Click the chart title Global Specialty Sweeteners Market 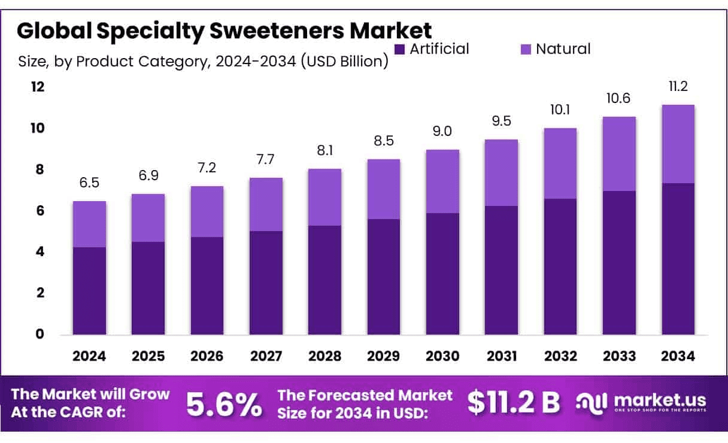224,31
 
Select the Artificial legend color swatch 400,49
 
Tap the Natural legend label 563,49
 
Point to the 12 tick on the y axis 38,87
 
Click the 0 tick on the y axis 40,334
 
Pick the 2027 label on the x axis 266,357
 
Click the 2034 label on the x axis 678,357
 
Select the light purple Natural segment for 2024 89,224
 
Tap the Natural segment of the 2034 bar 678,144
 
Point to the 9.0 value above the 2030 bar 442,132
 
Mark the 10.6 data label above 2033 619,98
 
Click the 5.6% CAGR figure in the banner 224,404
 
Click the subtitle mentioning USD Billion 204,62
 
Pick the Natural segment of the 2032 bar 560,163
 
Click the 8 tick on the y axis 40,170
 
